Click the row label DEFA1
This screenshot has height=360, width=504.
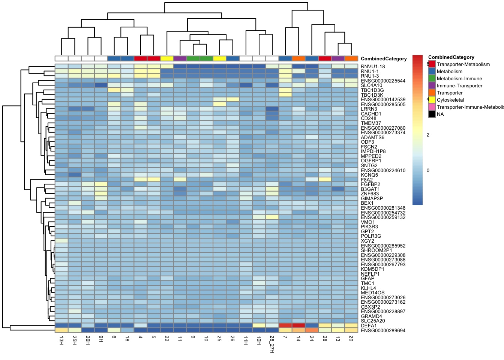pyautogui.click(x=368, y=326)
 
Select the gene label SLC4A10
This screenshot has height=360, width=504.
pyautogui.click(x=371, y=85)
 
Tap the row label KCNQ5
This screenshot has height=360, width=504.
pyautogui.click(x=369, y=175)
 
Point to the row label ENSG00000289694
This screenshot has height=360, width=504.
pyautogui.click(x=383, y=331)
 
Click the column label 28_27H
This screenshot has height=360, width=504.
pyautogui.click(x=272, y=345)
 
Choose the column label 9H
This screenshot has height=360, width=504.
pyautogui.click(x=101, y=339)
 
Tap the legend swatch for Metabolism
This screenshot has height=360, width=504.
pyautogui.click(x=432, y=72)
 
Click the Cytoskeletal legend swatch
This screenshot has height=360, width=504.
pyautogui.click(x=432, y=100)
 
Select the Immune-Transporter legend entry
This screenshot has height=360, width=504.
pyautogui.click(x=459, y=86)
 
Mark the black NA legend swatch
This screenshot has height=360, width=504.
pyautogui.click(x=432, y=114)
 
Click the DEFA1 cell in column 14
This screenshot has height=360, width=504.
pyautogui.click(x=298, y=325)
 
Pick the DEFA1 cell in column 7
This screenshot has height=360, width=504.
pyautogui.click(x=285, y=325)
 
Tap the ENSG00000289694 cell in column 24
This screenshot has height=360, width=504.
pyautogui.click(x=312, y=330)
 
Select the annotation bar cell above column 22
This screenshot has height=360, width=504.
pyautogui.click(x=167, y=58)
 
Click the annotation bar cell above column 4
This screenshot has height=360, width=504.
pyautogui.click(x=140, y=58)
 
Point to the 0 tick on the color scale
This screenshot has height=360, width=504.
pyautogui.click(x=428, y=171)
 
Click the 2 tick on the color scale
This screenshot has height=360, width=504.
pyautogui.click(x=428, y=135)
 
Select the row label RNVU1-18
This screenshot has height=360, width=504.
pyautogui.click(x=373, y=67)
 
